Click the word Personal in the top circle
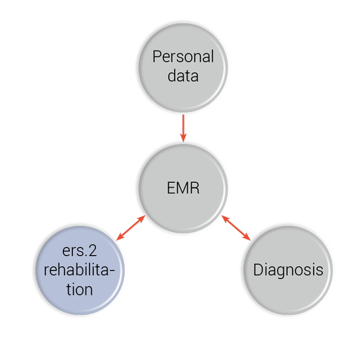(x=183, y=57)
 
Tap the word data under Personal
(x=183, y=76)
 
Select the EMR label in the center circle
(x=183, y=187)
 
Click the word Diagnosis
(x=288, y=270)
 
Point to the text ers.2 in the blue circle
(x=80, y=251)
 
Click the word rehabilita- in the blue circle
(x=80, y=269)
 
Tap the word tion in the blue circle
(x=80, y=289)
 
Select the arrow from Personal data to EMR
(x=183, y=128)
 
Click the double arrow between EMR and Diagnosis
(x=236, y=228)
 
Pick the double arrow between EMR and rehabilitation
(x=131, y=228)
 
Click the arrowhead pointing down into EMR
(x=183, y=138)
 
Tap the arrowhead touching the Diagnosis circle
(x=247, y=237)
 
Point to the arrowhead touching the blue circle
(x=120, y=237)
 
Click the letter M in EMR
(x=183, y=187)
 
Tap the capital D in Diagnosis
(x=258, y=269)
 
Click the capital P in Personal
(x=157, y=57)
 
